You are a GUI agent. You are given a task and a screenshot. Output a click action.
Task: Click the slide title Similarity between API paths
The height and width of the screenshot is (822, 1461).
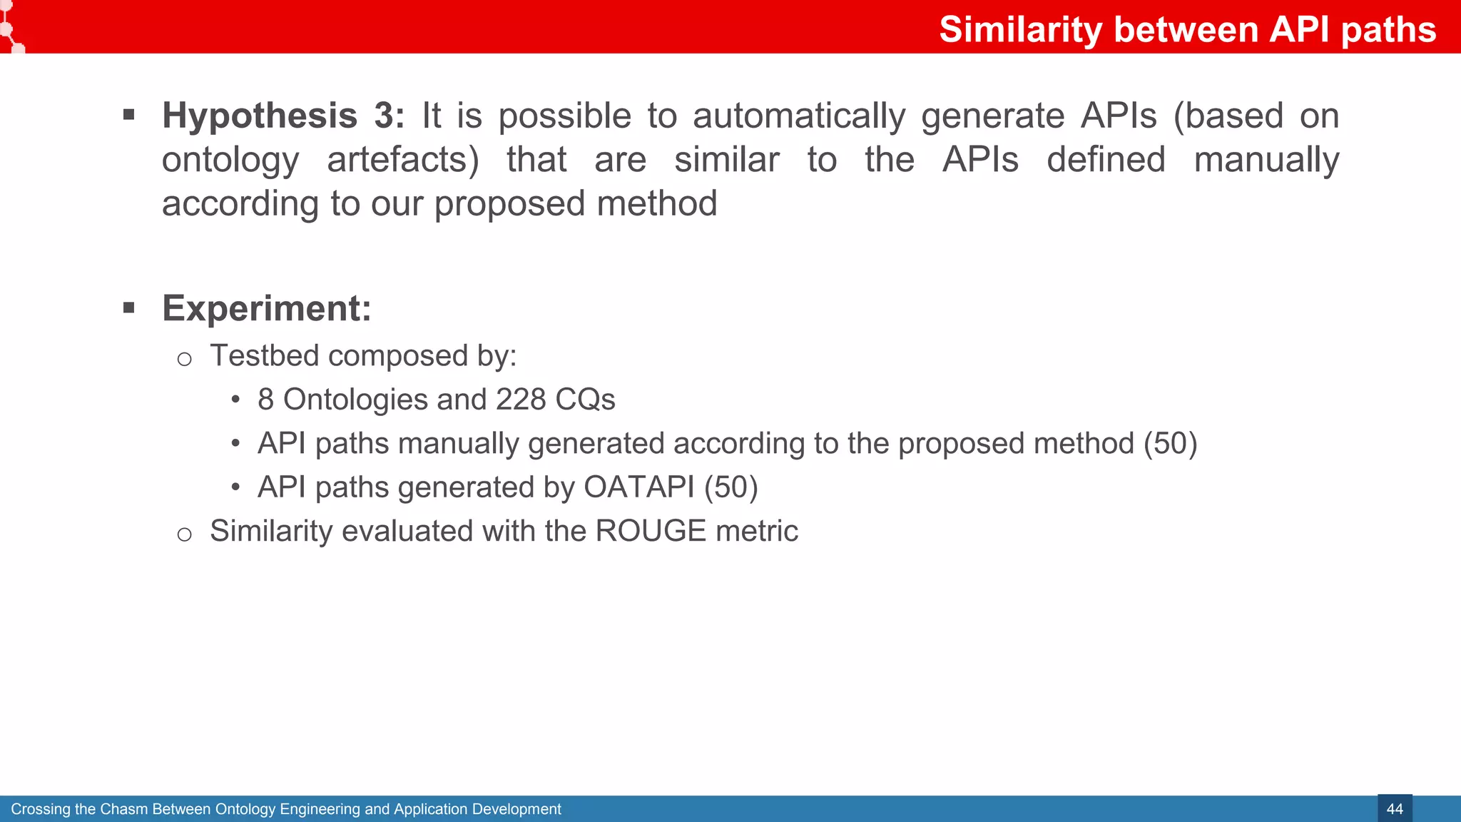(x=1187, y=30)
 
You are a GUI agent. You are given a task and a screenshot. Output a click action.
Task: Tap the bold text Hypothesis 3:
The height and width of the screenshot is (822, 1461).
(x=282, y=116)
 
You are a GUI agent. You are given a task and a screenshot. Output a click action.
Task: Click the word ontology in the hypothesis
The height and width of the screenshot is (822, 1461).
(x=230, y=160)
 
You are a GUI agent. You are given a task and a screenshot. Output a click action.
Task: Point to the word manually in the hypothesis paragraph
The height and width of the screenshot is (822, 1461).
(x=1266, y=160)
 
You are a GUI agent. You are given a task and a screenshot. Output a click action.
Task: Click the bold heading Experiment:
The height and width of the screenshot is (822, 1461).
(x=266, y=308)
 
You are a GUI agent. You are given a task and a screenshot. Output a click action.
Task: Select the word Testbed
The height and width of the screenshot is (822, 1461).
(x=264, y=355)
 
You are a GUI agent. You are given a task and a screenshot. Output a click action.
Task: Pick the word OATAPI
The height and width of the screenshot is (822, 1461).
(x=638, y=487)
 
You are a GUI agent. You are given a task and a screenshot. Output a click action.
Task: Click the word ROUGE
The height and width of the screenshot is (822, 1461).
(x=651, y=531)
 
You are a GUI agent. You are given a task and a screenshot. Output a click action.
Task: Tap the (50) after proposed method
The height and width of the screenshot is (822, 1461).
(x=1170, y=444)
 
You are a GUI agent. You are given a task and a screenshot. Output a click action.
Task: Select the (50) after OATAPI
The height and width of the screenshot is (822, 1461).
(x=730, y=487)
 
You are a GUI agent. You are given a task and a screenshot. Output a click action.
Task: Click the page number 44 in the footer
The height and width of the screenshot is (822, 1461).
(x=1394, y=809)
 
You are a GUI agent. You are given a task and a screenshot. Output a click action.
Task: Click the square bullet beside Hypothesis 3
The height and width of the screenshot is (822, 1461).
(x=129, y=115)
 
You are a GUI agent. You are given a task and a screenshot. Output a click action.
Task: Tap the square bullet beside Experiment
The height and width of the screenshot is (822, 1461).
(x=129, y=308)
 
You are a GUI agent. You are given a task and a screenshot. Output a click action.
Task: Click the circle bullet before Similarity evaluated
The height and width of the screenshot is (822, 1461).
(x=184, y=534)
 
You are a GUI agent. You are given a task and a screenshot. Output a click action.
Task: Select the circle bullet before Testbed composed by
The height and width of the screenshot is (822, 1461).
(x=184, y=359)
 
